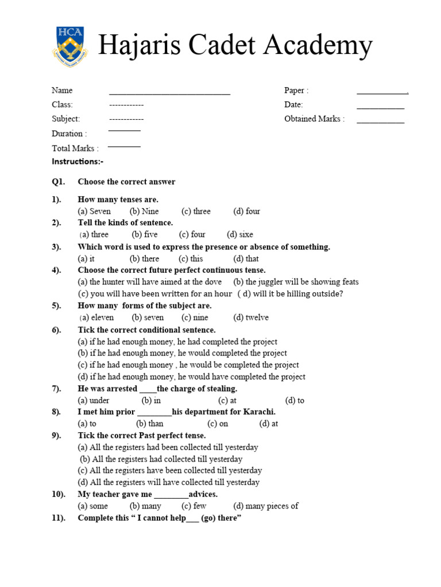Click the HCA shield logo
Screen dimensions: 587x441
tap(69, 45)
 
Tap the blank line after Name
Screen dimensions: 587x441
tap(169, 92)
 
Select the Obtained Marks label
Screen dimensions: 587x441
tap(314, 119)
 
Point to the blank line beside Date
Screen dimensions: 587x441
tap(380, 107)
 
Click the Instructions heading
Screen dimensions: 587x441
tap(78, 162)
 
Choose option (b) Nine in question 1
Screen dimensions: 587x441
tap(144, 212)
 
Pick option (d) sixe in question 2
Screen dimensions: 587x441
tap(239, 234)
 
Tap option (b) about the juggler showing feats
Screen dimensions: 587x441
tap(296, 282)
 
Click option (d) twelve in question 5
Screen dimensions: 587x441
tap(251, 318)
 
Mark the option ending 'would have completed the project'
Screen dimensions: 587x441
tap(191, 377)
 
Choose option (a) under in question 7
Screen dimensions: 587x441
tap(94, 401)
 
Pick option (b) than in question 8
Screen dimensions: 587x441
tap(149, 424)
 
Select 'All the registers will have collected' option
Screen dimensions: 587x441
tap(168, 483)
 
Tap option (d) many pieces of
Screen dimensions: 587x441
tap(266, 506)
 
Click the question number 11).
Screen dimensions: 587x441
tap(59, 518)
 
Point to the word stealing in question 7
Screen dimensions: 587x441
tap(219, 389)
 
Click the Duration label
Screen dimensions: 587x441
tap(69, 134)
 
